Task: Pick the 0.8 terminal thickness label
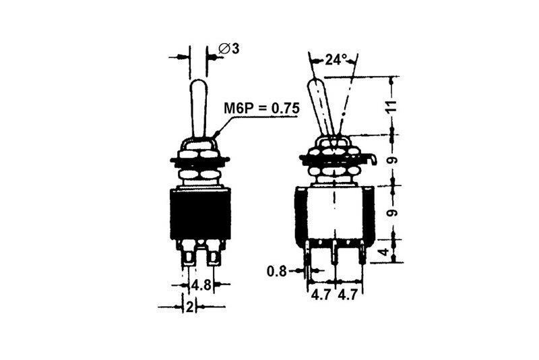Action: coord(278,272)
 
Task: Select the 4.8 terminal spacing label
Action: coord(201,285)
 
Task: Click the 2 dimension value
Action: coord(189,307)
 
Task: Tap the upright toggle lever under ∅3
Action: coord(199,108)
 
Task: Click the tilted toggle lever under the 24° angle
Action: coord(322,108)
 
